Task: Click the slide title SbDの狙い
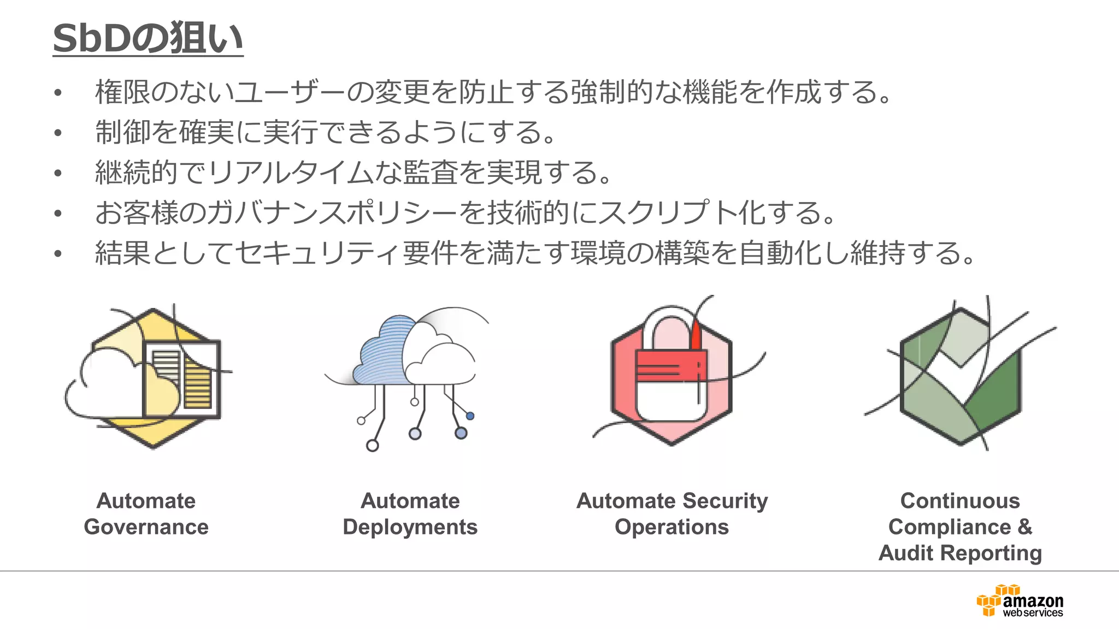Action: pos(148,38)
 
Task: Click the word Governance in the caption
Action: pos(146,527)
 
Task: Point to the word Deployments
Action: pos(410,527)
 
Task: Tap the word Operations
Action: pos(672,527)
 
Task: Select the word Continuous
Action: pos(960,501)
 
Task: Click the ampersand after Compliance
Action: pos(1024,527)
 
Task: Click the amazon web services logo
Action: pos(1020,601)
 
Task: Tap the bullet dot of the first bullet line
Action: pos(58,92)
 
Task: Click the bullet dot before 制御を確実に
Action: pos(58,133)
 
